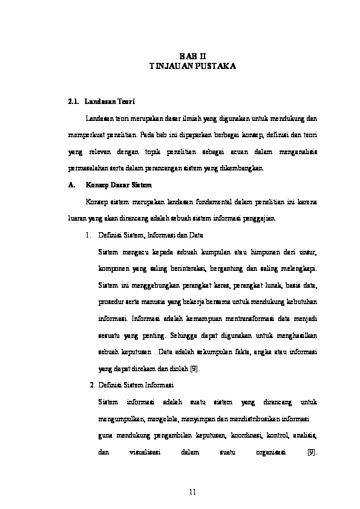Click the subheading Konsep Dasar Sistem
[x=119, y=184]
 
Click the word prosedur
[x=109, y=301]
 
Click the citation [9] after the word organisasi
[x=312, y=452]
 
